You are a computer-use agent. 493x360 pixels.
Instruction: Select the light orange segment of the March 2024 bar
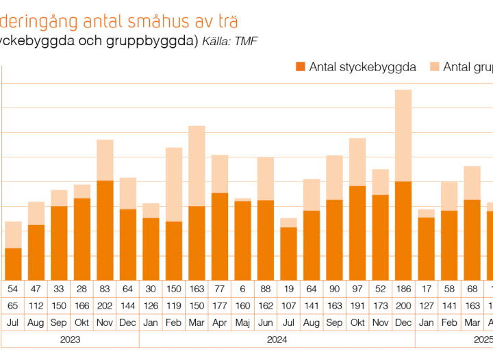[x=197, y=166]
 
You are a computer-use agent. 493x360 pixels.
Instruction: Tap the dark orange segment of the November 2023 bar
[x=105, y=229]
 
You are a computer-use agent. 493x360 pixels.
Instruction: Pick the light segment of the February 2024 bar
[x=174, y=184]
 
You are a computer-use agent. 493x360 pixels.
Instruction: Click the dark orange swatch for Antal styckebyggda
[x=300, y=66]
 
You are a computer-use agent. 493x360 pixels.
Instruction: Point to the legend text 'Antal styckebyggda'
[x=362, y=66]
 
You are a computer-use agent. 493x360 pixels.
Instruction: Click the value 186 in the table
[x=403, y=289]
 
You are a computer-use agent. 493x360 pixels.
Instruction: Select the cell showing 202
[x=105, y=306]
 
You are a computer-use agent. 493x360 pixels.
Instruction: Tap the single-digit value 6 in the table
[x=242, y=289]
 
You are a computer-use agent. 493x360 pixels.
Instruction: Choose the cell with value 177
[x=220, y=306]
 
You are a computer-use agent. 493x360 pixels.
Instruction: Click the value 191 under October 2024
[x=357, y=306]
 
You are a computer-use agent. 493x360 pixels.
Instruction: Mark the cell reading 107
[x=288, y=306]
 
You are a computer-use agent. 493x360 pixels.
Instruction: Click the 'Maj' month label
[x=242, y=322]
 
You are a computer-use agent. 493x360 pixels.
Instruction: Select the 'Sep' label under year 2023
[x=59, y=322]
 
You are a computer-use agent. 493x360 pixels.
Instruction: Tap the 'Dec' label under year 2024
[x=403, y=322]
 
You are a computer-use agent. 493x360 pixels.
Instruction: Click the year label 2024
[x=277, y=339]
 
